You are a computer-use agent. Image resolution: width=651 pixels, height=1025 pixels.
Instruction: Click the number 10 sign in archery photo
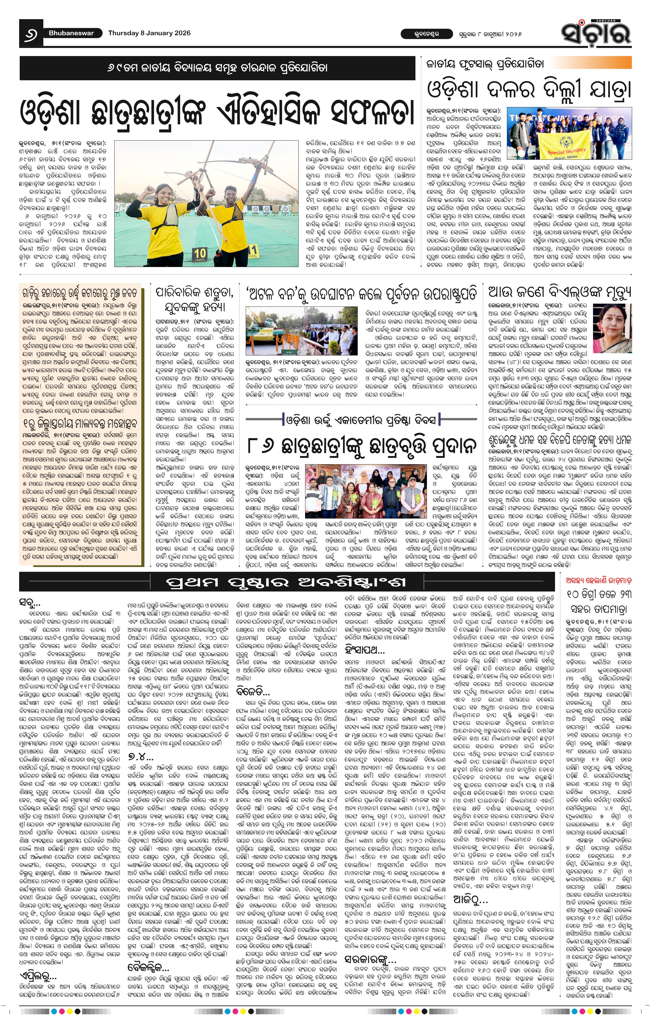[200, 254]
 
